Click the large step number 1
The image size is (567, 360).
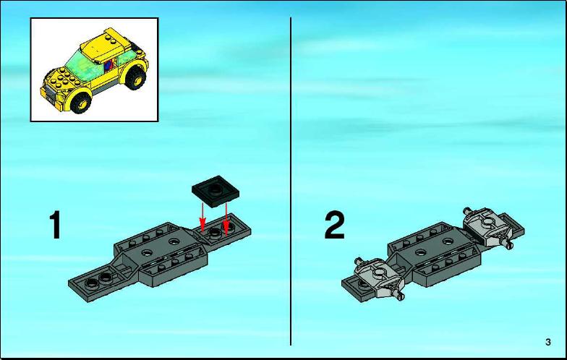pos(55,226)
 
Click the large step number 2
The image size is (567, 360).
pos(334,226)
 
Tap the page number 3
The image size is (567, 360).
pos(548,342)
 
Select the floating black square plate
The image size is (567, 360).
pos(216,192)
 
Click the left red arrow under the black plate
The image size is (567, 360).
pos(202,217)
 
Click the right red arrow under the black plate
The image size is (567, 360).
pos(226,218)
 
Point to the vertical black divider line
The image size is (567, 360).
pos(291,181)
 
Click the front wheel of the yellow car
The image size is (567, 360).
pos(81,103)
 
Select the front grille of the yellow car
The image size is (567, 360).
pos(51,95)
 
